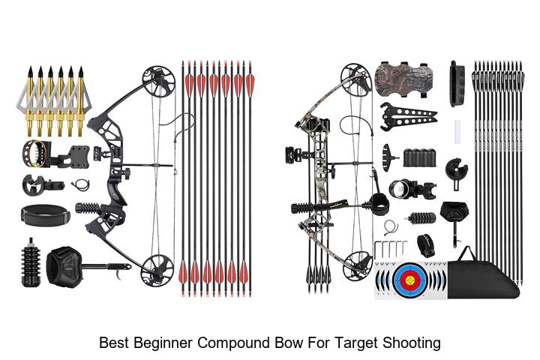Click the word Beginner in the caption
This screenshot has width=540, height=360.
click(x=163, y=343)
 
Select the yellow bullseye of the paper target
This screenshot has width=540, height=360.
click(x=410, y=280)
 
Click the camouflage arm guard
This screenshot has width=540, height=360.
click(x=401, y=79)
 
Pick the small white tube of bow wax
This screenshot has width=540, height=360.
click(x=457, y=131)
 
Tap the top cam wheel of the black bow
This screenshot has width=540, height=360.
click(x=159, y=81)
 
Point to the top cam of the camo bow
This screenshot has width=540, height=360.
click(x=356, y=79)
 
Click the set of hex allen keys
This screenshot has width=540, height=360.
click(x=391, y=249)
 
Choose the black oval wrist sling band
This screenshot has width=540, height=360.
click(x=45, y=215)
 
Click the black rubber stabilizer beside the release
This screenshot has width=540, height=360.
click(x=31, y=262)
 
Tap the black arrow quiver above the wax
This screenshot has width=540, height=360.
click(x=457, y=83)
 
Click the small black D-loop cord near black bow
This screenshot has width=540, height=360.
click(x=80, y=185)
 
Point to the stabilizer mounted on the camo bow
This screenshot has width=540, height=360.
click(x=304, y=208)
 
